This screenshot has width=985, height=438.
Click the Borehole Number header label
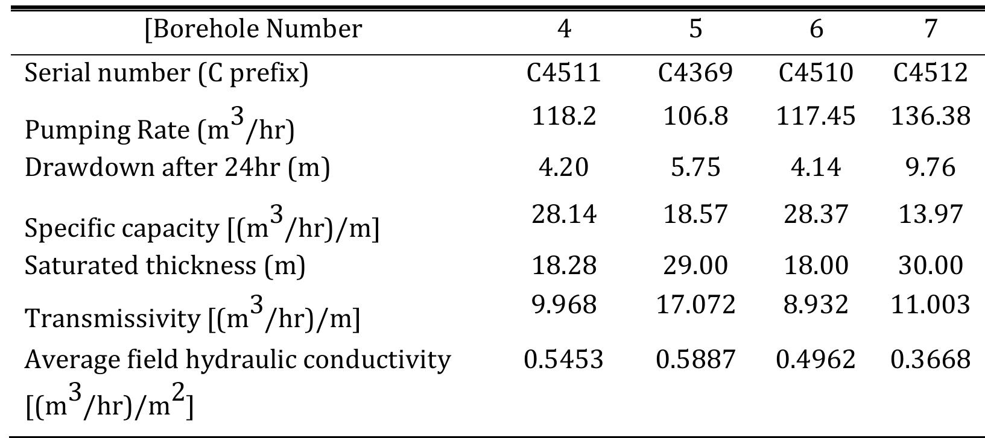[x=253, y=29]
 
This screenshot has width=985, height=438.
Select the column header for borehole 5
[x=695, y=28]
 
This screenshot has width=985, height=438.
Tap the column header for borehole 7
[x=931, y=28]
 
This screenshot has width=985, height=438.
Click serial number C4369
[x=695, y=73]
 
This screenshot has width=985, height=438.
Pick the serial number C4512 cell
[x=931, y=73]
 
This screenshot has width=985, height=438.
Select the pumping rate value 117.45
[x=816, y=115]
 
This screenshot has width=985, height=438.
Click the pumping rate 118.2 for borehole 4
[x=563, y=115]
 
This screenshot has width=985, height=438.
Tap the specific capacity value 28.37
[x=816, y=214]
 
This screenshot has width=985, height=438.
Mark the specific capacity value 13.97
[x=931, y=214]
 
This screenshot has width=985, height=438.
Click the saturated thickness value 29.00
[x=695, y=265]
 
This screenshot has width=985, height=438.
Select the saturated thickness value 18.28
[x=563, y=265]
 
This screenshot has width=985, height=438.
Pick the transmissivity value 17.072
[x=695, y=304]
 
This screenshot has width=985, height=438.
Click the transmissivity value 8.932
[x=816, y=304]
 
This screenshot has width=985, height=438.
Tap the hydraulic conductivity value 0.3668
[x=931, y=360]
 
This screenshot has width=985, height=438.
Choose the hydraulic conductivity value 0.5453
[x=563, y=360]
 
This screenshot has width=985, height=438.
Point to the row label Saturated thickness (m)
[x=165, y=265]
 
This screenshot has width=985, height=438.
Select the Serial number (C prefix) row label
[x=166, y=73]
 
